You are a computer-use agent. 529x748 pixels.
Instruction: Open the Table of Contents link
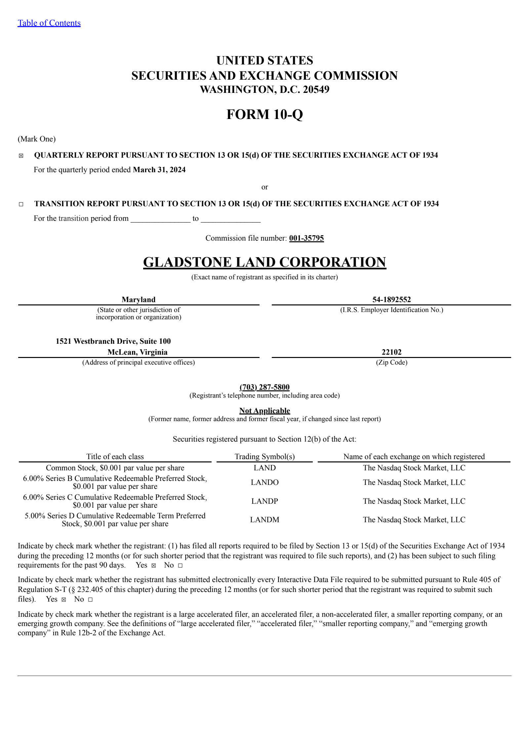[x=49, y=23]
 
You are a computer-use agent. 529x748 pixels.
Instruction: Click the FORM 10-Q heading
[x=264, y=114]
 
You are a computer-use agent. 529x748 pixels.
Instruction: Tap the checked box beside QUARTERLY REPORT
[x=21, y=156]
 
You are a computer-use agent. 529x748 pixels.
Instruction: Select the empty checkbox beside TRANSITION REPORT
[x=21, y=204]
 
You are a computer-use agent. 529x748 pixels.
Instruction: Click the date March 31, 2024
[x=159, y=170]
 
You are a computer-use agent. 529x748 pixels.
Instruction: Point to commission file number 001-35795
[x=306, y=238]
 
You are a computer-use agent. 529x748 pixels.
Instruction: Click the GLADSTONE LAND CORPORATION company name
[x=264, y=262]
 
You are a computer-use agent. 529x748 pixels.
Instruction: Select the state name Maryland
[x=138, y=299]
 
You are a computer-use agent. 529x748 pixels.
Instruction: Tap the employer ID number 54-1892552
[x=391, y=299]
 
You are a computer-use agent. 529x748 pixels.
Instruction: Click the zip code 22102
[x=391, y=352]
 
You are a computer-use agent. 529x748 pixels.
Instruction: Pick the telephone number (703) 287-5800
[x=264, y=387]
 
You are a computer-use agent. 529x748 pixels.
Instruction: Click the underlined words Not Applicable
[x=264, y=411]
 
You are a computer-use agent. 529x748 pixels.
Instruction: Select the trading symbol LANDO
[x=264, y=482]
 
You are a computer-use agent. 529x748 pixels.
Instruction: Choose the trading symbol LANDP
[x=264, y=501]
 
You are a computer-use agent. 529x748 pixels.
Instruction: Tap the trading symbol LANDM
[x=264, y=520]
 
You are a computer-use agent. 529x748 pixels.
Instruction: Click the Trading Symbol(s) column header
[x=264, y=456]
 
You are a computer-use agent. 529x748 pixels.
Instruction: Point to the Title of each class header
[x=115, y=456]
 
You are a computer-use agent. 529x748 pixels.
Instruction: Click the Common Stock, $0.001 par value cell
[x=115, y=468]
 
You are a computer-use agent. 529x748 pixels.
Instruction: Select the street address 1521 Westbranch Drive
[x=113, y=341]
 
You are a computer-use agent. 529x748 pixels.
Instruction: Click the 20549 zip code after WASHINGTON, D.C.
[x=316, y=90]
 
